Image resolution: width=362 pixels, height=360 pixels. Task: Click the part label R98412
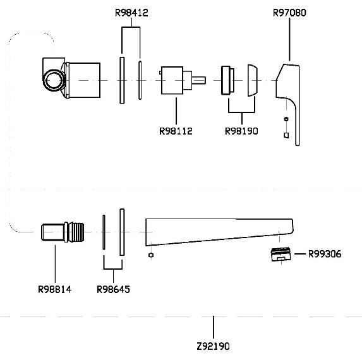(x=131, y=13)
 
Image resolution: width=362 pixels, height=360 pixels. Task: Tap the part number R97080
(x=289, y=13)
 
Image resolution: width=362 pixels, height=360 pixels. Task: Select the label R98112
(x=176, y=131)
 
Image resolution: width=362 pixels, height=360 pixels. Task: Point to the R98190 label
(x=241, y=131)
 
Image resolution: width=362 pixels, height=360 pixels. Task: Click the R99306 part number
(x=325, y=254)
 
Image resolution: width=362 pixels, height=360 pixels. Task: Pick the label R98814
(x=55, y=289)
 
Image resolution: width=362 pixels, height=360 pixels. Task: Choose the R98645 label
(x=113, y=289)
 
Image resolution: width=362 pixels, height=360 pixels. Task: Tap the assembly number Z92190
(x=214, y=346)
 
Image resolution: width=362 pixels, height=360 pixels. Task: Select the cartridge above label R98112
(x=172, y=80)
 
